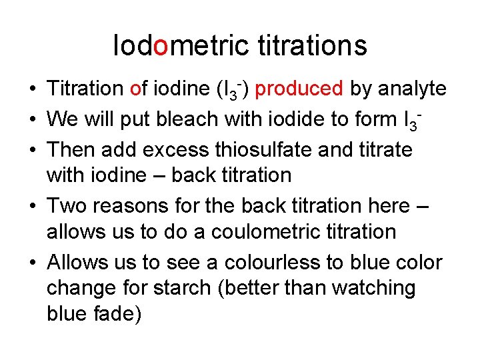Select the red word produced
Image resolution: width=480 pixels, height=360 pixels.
point(299,88)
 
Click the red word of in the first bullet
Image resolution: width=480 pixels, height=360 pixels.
point(139,88)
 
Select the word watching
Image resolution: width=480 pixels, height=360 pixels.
point(374,289)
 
